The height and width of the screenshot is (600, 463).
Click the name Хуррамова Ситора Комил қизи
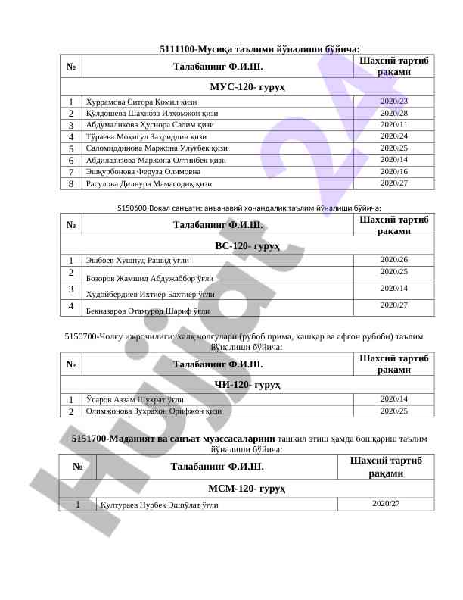coord(141,102)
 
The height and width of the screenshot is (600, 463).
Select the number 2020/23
coord(393,102)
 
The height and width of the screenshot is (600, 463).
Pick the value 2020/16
coord(393,172)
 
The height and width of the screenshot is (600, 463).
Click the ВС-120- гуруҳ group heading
coord(247,246)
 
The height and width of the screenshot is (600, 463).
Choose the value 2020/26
coord(393,260)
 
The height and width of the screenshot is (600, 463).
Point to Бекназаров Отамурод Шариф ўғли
coord(148,311)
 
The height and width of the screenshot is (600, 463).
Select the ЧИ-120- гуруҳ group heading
coord(247,385)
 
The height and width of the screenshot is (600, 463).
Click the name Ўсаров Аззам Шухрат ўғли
coord(135,399)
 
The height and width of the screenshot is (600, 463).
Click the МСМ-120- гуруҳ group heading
coord(247,489)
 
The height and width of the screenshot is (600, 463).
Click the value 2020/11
coord(393,125)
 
